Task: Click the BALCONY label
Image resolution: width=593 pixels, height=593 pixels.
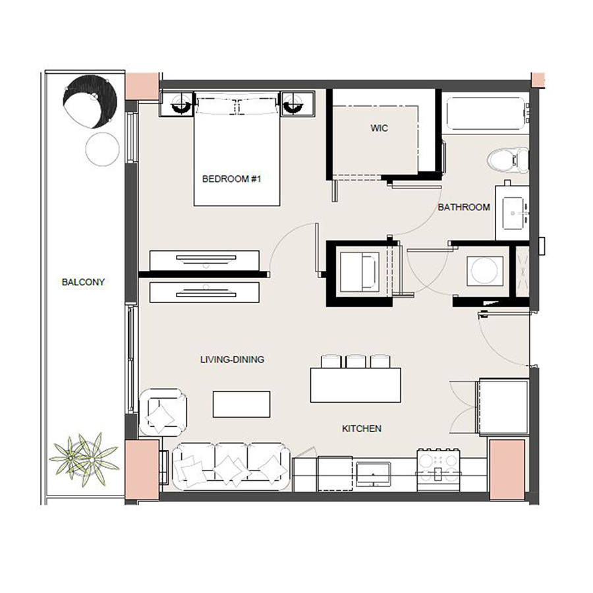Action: pyautogui.click(x=83, y=282)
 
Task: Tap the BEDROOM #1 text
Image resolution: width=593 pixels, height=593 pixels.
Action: pyautogui.click(x=232, y=179)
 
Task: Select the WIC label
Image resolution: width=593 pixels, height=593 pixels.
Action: pyautogui.click(x=379, y=128)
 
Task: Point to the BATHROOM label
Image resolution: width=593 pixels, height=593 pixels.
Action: pyautogui.click(x=464, y=207)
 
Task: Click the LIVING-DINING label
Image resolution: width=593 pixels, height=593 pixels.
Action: pyautogui.click(x=232, y=360)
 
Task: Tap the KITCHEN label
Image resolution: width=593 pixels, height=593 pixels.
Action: pyautogui.click(x=361, y=428)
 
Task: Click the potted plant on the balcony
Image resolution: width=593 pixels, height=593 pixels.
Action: pyautogui.click(x=84, y=456)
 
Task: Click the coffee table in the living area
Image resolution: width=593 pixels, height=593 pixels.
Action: pyautogui.click(x=241, y=404)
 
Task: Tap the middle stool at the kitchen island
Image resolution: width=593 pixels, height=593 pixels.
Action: pyautogui.click(x=356, y=361)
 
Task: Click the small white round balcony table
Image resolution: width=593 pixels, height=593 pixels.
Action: pyautogui.click(x=101, y=149)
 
